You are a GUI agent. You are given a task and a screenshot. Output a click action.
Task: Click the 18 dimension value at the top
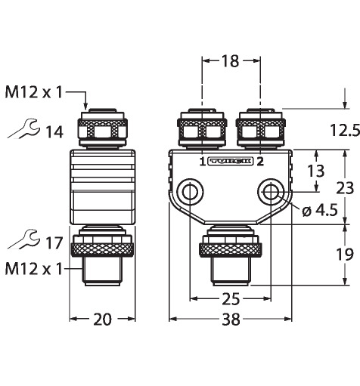click(230, 61)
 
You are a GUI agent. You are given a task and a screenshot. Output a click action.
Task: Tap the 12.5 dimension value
click(345, 131)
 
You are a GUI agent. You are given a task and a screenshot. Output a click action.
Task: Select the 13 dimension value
click(316, 171)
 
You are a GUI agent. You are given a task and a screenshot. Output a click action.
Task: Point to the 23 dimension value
click(345, 188)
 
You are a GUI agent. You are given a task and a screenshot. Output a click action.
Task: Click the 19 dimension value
click(345, 255)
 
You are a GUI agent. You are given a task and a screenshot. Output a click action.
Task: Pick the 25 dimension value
click(231, 300)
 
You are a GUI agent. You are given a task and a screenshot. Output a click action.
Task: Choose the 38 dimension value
click(231, 320)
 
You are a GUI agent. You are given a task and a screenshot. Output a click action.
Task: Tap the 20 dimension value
click(102, 320)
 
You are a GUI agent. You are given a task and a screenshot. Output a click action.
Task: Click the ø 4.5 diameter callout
click(320, 210)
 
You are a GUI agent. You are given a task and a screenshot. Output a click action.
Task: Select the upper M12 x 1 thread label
click(33, 92)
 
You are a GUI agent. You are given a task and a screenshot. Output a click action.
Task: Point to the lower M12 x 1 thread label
click(33, 269)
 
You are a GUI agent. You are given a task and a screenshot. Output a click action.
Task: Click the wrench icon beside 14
click(23, 128)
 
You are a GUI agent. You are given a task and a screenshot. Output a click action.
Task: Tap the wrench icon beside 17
click(23, 239)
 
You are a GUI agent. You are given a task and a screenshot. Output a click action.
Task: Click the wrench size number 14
click(54, 132)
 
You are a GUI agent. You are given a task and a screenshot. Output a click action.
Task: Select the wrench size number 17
click(54, 243)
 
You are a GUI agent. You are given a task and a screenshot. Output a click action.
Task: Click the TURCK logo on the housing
click(231, 162)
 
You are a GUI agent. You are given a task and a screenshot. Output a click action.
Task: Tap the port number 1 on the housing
click(203, 162)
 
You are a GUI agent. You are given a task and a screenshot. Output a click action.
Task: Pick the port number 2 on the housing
click(260, 162)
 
